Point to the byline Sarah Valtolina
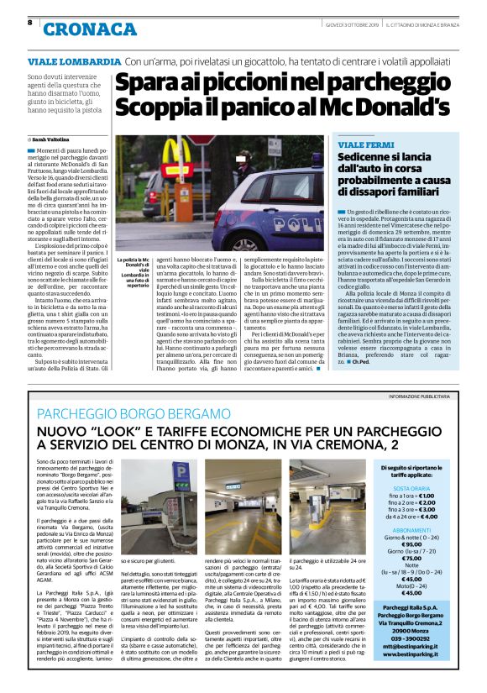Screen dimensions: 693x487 (51, 138)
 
